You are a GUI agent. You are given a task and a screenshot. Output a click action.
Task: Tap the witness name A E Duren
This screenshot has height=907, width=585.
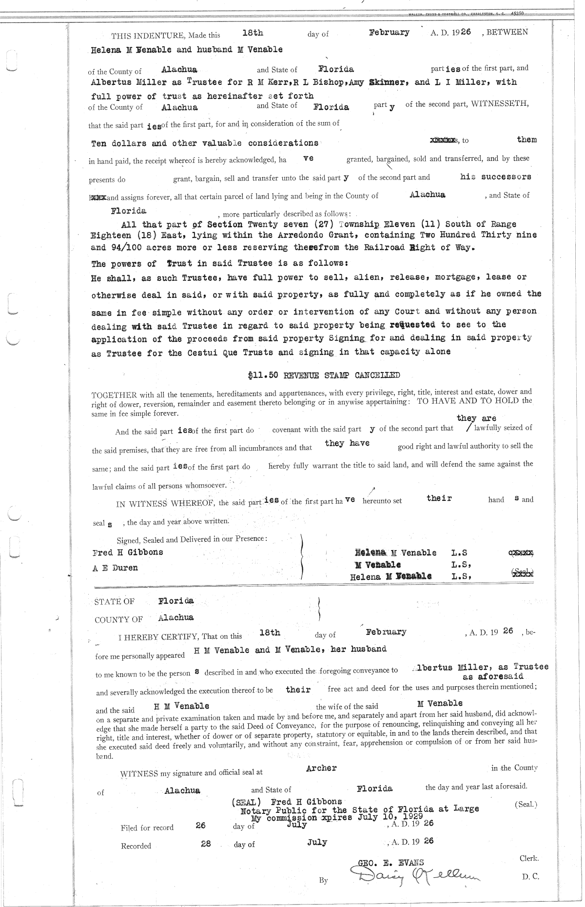coord(115,568)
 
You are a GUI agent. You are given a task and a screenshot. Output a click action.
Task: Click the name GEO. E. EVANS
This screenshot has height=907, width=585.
coord(391,862)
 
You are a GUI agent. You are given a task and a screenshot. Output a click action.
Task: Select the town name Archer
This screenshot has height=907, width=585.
coord(321,768)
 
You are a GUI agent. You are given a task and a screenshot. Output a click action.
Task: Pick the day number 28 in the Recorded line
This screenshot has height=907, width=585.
coord(206,844)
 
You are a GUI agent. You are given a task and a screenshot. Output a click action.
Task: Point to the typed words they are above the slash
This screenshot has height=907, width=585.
coord(476,418)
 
